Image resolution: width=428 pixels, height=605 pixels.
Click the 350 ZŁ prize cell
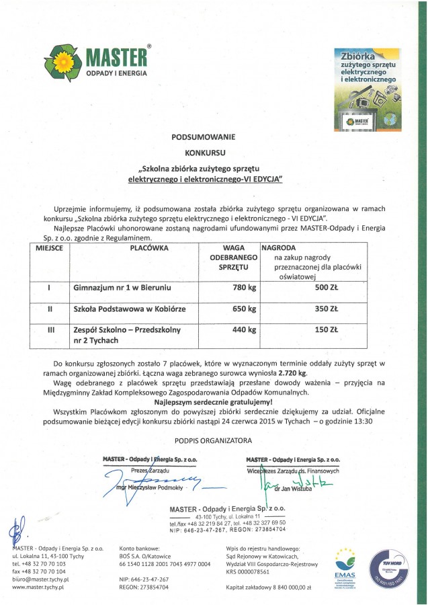326,310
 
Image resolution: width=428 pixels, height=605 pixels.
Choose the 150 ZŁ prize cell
326,330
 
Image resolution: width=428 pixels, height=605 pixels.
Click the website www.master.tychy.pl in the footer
37,587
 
